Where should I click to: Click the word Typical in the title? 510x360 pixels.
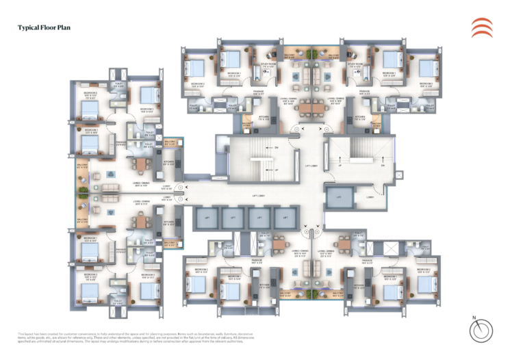tap(28, 28)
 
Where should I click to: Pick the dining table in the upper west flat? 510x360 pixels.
tap(141, 164)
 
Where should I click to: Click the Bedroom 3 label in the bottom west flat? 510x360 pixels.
tap(148, 275)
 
